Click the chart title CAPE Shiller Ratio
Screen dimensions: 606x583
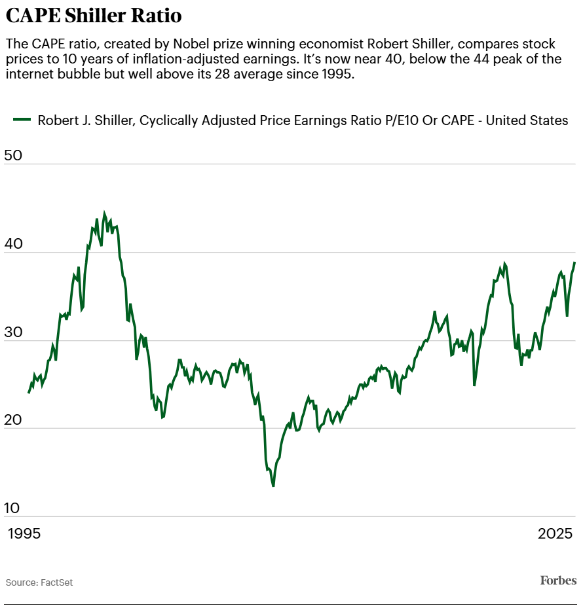click(94, 15)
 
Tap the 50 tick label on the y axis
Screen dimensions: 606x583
click(13, 156)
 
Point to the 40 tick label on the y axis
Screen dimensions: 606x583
click(13, 243)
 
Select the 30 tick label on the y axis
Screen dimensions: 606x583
click(13, 332)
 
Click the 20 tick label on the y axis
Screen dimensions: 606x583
click(13, 419)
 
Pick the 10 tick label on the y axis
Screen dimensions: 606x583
click(13, 508)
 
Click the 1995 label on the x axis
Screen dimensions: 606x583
click(24, 533)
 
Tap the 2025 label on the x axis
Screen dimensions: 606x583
click(555, 533)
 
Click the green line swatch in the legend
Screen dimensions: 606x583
click(22, 120)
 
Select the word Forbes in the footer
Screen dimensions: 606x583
click(558, 580)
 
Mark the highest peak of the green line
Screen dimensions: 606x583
click(104, 213)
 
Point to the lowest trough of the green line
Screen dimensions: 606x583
click(273, 486)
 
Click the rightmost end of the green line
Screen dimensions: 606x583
click(574, 262)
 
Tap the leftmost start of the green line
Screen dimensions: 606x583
click(29, 392)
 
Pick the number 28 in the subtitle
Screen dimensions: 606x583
click(277, 73)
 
